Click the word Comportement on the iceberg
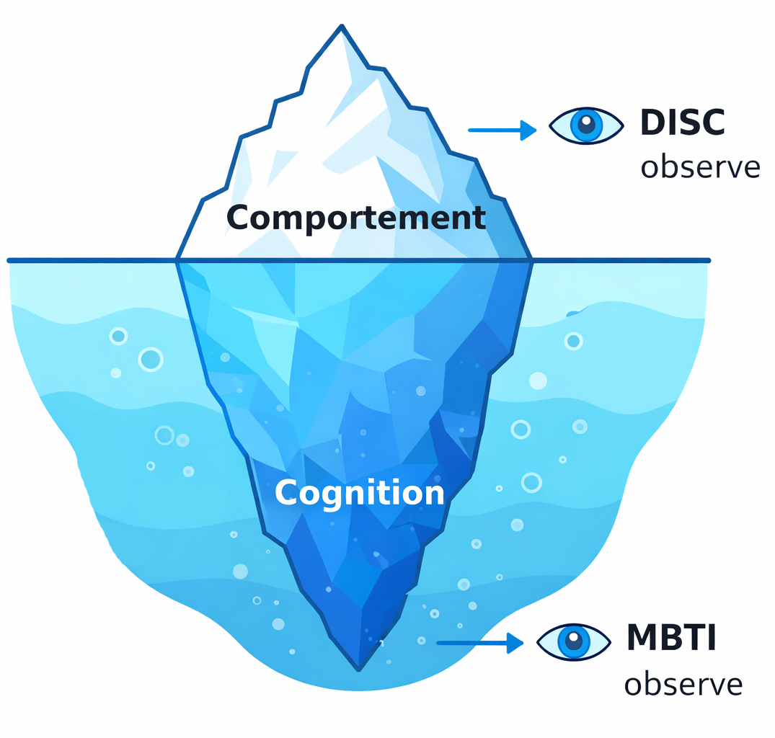[x=356, y=218]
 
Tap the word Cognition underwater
[x=359, y=493]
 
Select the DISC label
[x=682, y=123]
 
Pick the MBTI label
[x=671, y=638]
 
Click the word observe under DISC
[x=700, y=167]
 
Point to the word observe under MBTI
[x=683, y=684]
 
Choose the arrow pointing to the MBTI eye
[x=480, y=642]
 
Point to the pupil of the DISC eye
[x=587, y=124]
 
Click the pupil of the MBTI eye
[x=574, y=639]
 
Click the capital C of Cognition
[x=286, y=493]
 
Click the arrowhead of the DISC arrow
[x=529, y=130]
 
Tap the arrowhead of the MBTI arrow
[x=515, y=642]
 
